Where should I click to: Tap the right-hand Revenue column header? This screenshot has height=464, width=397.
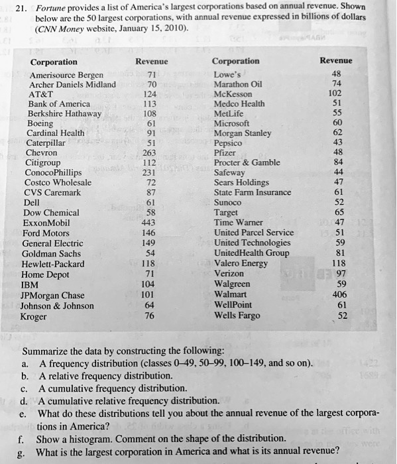point(335,60)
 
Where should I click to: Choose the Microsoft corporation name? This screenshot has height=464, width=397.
point(233,123)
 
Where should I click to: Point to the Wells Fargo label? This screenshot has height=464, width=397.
point(238,315)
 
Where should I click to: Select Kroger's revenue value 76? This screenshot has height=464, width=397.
point(150,316)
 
